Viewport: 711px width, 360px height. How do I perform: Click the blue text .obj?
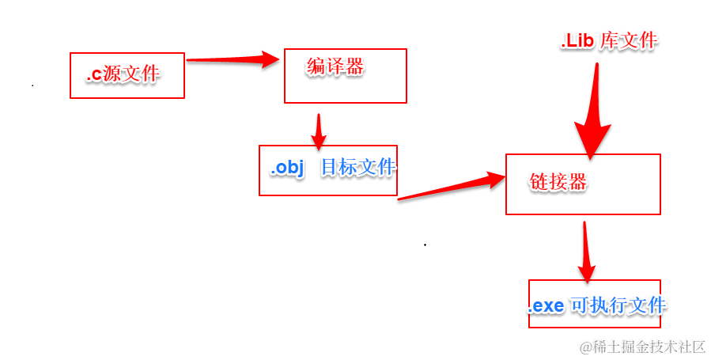pos(288,168)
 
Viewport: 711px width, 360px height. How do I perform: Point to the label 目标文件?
pos(357,168)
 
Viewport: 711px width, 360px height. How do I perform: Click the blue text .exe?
pos(546,305)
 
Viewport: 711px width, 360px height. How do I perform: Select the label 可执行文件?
pos(618,305)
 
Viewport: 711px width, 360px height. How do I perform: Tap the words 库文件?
pos(629,42)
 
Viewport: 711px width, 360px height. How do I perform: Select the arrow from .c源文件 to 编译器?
pos(233,59)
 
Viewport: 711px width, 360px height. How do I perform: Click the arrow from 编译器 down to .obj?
pos(318,131)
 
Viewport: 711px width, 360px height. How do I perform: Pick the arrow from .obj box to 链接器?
pos(451,188)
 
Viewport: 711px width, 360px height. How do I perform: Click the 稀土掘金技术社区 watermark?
pos(642,347)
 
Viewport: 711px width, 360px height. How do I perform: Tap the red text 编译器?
pos(335,67)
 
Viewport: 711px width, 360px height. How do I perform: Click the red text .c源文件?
pos(123,75)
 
